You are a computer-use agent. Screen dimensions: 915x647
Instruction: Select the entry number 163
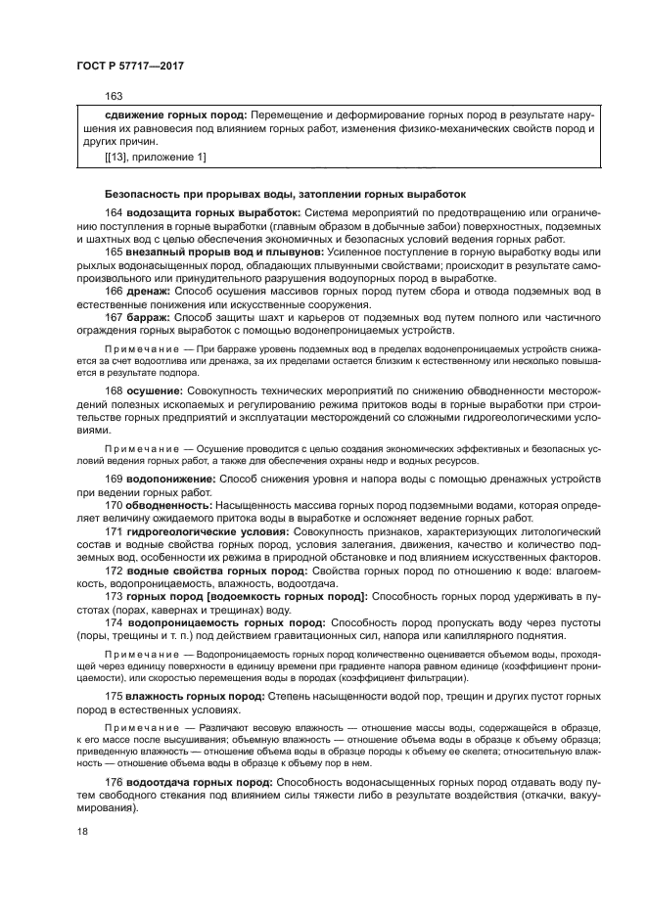[114, 96]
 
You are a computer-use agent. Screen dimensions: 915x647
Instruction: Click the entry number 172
[114, 570]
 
